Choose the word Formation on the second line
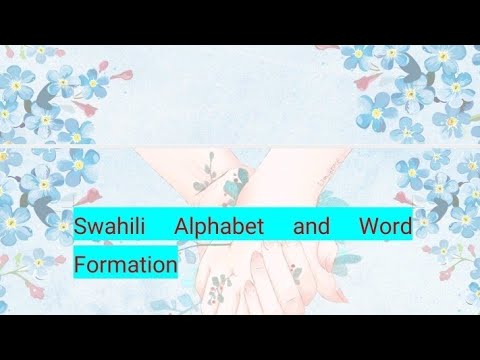pyautogui.click(x=125, y=266)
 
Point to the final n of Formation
pyautogui.click(x=171, y=267)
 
